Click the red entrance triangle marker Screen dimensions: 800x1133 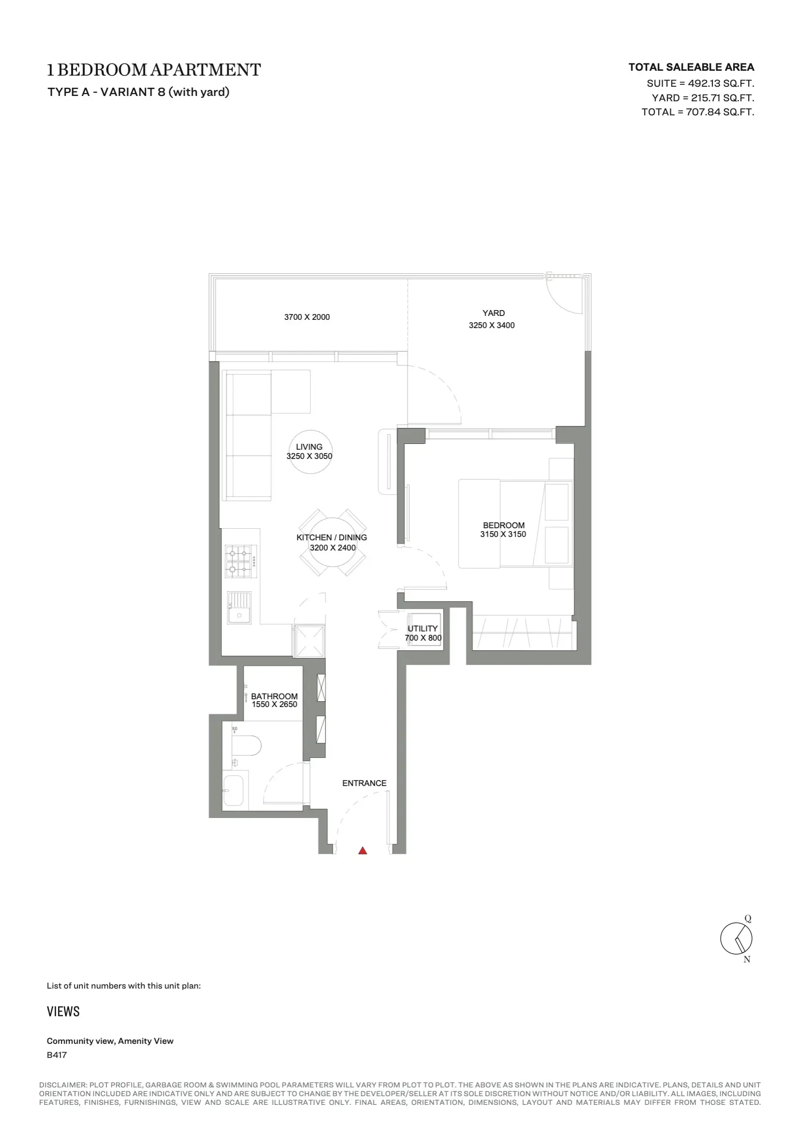[363, 850]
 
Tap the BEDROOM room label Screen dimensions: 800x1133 [504, 525]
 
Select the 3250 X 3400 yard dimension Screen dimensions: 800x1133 [492, 325]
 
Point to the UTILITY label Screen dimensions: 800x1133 [423, 628]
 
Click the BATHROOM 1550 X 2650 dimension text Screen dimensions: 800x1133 [275, 704]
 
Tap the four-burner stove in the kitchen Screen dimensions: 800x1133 [241, 561]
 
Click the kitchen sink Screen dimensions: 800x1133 [239, 608]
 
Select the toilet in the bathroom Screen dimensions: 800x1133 [245, 745]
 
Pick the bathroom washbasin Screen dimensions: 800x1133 [233, 790]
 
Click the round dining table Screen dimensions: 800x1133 [333, 542]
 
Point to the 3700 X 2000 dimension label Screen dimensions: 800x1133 [307, 317]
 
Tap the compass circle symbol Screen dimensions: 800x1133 [736, 938]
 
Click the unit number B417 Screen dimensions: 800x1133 [57, 1055]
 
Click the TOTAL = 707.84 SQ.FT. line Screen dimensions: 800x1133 [698, 112]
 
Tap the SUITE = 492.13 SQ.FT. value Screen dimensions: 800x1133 [700, 83]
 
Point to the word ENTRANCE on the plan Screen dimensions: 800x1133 [365, 783]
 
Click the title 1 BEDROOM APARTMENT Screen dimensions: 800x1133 [154, 70]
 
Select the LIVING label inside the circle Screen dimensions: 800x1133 [309, 447]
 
